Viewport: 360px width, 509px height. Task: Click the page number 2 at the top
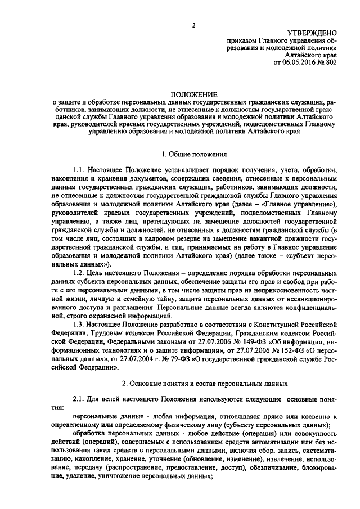tap(193, 25)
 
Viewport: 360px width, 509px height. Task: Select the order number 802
tap(331, 64)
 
